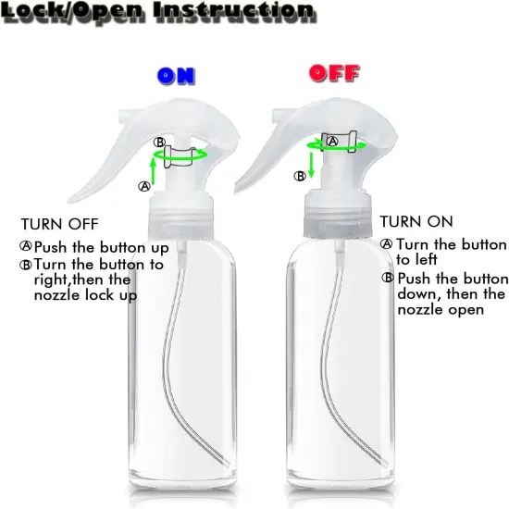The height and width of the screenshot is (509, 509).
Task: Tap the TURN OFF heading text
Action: pos(59,224)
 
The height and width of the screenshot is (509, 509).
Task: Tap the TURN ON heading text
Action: pos(416,222)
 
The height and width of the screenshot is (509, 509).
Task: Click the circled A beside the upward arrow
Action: pos(143,186)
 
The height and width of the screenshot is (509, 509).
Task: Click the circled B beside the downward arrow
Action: pos(299,175)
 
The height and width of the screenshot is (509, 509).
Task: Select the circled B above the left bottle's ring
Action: pos(159,142)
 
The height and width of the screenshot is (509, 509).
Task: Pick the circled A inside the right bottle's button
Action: pos(331,141)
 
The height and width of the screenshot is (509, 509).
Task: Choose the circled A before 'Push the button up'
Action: pos(26,247)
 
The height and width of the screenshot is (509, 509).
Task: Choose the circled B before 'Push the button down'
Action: pos(389,279)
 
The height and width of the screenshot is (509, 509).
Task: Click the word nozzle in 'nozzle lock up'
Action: pos(56,296)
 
